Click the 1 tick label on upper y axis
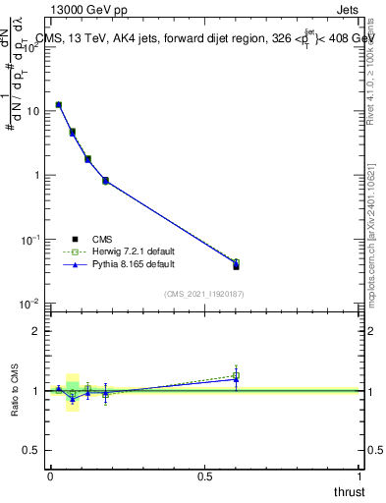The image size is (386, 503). point(37,175)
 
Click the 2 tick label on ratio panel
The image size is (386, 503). point(37,331)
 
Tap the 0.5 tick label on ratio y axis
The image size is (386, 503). point(33,450)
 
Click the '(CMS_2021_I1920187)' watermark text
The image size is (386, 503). point(203,293)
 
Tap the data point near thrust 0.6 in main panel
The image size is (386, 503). point(236,263)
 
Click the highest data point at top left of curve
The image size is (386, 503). point(59,104)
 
